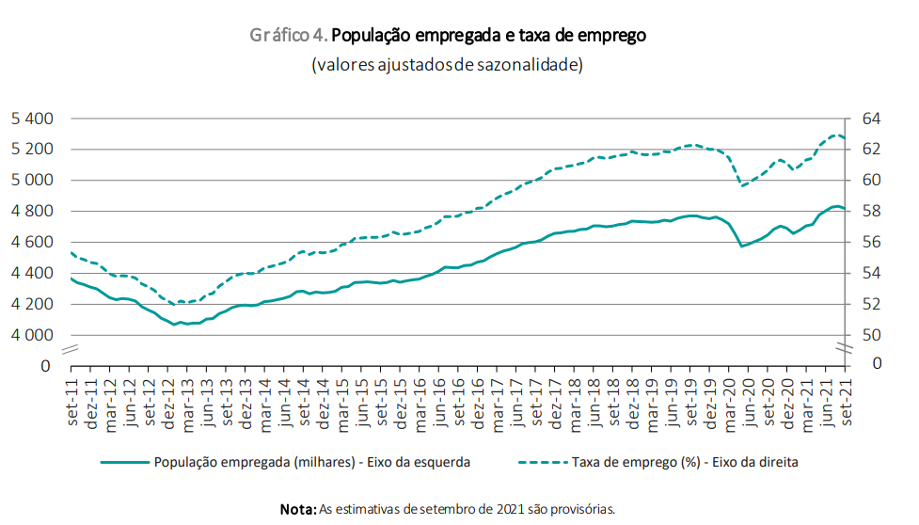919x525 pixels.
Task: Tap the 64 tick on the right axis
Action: tap(871, 119)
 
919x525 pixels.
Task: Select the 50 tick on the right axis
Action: tap(871, 335)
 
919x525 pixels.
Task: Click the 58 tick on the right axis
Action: tap(871, 211)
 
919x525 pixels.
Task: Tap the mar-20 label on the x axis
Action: tap(730, 404)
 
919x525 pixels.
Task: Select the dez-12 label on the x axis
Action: tap(170, 404)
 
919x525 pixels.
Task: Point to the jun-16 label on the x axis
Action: tap(441, 404)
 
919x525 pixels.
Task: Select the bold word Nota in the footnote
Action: tap(298, 509)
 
